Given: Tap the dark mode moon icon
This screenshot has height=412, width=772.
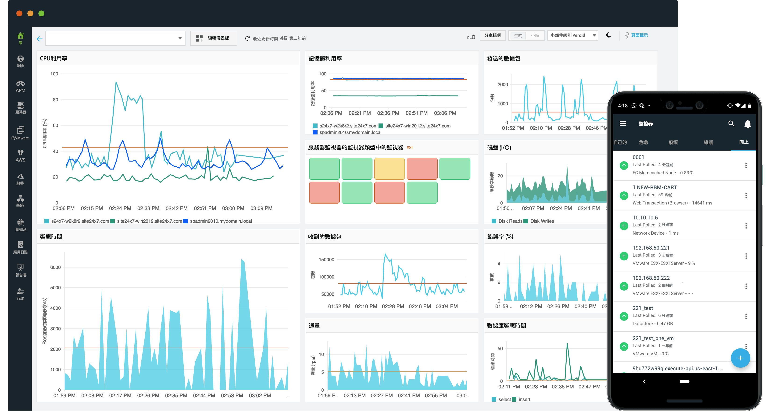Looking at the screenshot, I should pyautogui.click(x=608, y=35).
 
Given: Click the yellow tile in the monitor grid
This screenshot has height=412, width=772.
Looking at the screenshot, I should pyautogui.click(x=389, y=169).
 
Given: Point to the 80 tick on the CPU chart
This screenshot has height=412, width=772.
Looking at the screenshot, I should pyautogui.click(x=55, y=100).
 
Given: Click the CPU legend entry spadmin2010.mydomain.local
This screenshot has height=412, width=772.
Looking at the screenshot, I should pyautogui.click(x=221, y=221).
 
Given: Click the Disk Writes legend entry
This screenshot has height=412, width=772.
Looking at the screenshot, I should pyautogui.click(x=542, y=221).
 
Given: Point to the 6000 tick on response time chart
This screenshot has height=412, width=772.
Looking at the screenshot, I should pyautogui.click(x=55, y=267).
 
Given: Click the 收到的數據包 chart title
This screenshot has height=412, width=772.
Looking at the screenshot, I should pyautogui.click(x=325, y=236).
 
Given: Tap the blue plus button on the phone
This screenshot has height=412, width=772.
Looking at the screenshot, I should pyautogui.click(x=740, y=358).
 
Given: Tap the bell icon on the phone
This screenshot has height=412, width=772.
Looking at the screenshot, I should pyautogui.click(x=747, y=124).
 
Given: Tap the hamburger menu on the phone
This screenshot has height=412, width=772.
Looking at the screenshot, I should pyautogui.click(x=623, y=124).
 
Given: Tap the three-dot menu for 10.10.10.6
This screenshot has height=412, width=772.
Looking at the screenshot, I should pyautogui.click(x=746, y=226).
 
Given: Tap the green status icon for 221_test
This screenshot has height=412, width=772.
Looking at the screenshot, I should pyautogui.click(x=624, y=316).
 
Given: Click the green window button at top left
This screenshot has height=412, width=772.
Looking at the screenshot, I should pyautogui.click(x=41, y=14).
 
